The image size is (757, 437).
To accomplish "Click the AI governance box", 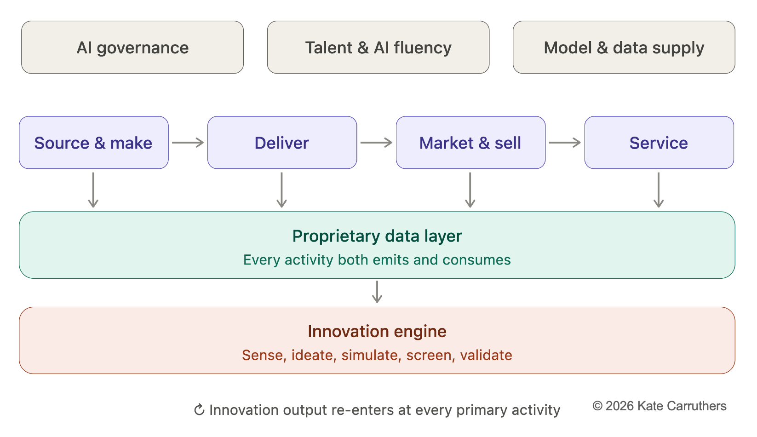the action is pos(132,47).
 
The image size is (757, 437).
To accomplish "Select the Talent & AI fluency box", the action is pos(378,47).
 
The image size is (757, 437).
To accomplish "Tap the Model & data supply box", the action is pos(624,47).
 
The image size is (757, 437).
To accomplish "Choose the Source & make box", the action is pos(94,143).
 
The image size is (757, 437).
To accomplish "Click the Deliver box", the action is pos(282,143).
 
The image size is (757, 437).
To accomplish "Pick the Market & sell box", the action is pos(470,143).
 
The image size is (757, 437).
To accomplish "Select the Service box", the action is pos(659,143).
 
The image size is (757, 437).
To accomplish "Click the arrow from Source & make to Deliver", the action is pos(188,143).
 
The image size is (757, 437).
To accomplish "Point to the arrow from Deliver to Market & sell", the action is pos(377,143).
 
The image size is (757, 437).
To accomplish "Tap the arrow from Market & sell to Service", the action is pos(565,143).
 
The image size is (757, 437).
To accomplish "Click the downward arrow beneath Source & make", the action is pos(93,190).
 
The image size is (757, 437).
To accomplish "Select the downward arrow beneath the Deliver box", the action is pos(281,190).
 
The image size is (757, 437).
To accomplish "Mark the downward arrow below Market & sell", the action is pos(470,190).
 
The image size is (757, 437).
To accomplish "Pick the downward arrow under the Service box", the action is pos(658,190).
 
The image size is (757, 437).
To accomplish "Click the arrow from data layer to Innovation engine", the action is pos(377,292).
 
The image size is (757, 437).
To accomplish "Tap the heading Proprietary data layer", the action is pos(377,236).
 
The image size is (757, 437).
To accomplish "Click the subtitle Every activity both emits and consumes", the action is pos(377,260).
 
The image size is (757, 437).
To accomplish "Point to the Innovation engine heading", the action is pos(377,332).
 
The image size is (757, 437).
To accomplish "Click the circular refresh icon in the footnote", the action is pos(200,409).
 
